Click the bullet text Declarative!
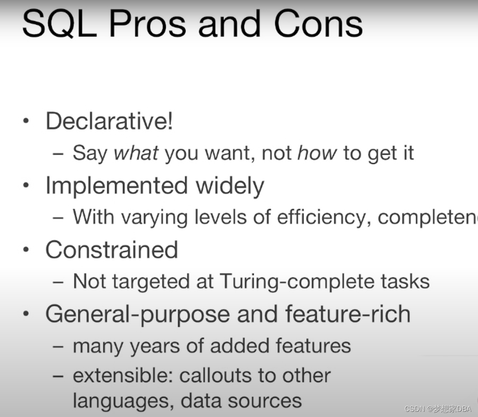click(109, 121)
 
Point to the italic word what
click(137, 153)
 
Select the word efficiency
click(324, 217)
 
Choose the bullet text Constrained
click(112, 250)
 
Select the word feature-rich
click(348, 314)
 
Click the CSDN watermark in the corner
click(438, 409)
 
